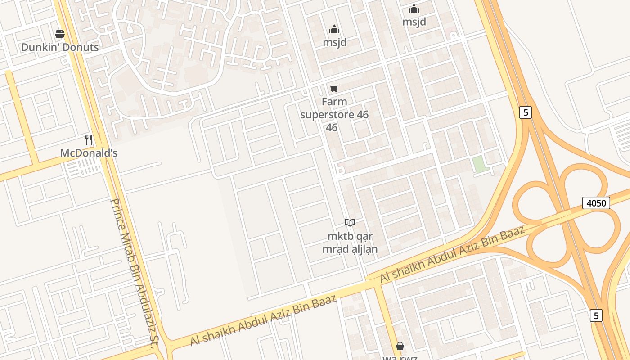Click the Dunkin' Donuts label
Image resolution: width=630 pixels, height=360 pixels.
[x=60, y=47]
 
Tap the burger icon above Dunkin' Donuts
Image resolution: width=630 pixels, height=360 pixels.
[x=60, y=34]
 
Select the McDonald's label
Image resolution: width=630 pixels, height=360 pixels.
[x=89, y=153]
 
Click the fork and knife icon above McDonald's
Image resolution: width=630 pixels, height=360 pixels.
[x=89, y=140]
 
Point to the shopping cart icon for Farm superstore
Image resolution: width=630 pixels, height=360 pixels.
[x=334, y=88]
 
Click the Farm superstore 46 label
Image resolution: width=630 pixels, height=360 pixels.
[x=334, y=114]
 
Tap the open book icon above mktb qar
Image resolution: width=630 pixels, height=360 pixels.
[x=350, y=222]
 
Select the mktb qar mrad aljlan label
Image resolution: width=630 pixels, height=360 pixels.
[x=350, y=243]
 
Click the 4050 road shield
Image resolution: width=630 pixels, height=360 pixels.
[x=596, y=203]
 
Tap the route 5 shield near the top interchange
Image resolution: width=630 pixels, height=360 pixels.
[x=525, y=112]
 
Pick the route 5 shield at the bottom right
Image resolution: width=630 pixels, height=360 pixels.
[x=596, y=315]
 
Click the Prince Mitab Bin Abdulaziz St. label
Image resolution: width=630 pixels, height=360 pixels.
[x=133, y=273]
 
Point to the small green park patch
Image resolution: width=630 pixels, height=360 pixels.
[x=480, y=164]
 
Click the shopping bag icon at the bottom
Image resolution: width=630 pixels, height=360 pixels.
[x=400, y=346]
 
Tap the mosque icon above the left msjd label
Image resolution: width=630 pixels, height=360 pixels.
[x=334, y=30]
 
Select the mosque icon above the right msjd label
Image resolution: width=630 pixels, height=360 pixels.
[x=414, y=9]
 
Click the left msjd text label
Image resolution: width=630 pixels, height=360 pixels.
[x=335, y=42]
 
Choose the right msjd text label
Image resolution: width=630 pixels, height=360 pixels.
[x=414, y=22]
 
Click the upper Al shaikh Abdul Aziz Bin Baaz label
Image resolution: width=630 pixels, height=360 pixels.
[x=452, y=255]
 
